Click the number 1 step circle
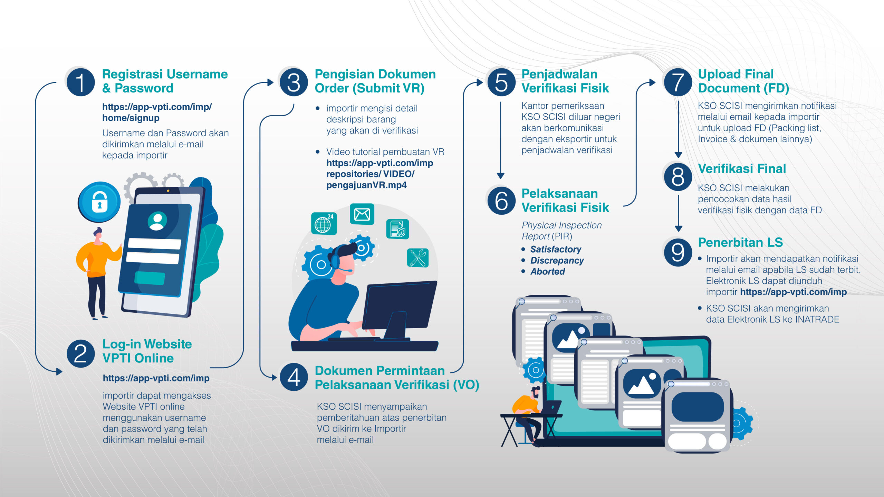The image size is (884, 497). (x=80, y=82)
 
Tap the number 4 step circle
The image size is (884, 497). (x=294, y=377)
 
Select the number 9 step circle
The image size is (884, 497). (x=678, y=252)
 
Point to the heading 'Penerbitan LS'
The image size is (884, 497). (x=740, y=242)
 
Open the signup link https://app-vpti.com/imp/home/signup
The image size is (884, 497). (x=157, y=112)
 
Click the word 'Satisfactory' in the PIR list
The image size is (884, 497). (x=556, y=249)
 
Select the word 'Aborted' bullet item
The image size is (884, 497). (x=548, y=271)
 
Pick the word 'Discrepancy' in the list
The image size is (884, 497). (x=557, y=260)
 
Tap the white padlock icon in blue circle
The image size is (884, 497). (x=100, y=202)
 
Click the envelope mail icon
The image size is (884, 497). (x=362, y=214)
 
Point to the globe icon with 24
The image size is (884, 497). (x=324, y=224)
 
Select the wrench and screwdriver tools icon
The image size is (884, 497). (x=418, y=258)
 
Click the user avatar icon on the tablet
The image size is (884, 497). (x=157, y=221)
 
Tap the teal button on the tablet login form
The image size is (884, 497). (x=150, y=278)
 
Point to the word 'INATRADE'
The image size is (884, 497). (x=817, y=319)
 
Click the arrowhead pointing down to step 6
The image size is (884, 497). (x=500, y=176)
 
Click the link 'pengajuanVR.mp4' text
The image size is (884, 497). (x=366, y=185)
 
